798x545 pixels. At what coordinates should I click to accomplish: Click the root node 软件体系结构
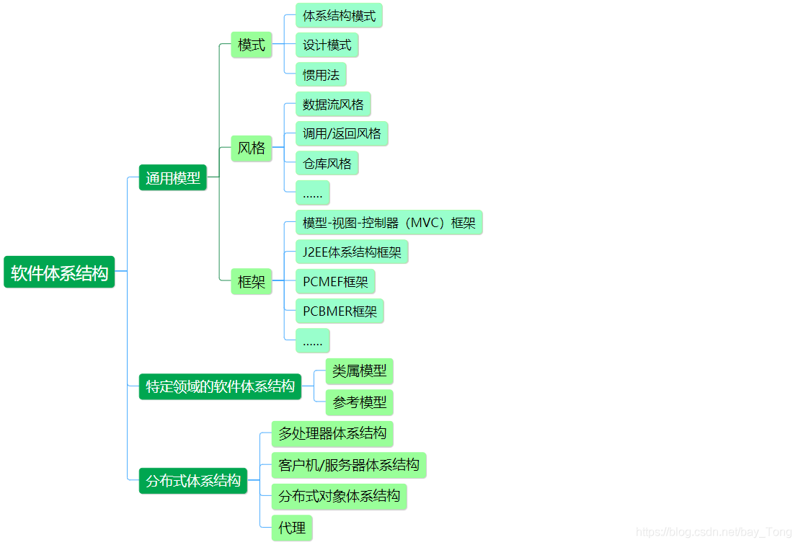(x=59, y=272)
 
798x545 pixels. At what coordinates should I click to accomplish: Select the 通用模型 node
(x=172, y=177)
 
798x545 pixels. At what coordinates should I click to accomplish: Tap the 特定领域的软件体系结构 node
(x=220, y=386)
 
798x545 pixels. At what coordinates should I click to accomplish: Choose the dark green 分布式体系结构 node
(x=193, y=480)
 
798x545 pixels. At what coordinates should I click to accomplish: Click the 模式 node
(x=252, y=45)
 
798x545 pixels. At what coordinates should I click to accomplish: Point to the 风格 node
(x=252, y=148)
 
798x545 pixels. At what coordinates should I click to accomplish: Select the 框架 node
(x=252, y=281)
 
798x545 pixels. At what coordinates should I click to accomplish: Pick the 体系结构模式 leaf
(x=339, y=16)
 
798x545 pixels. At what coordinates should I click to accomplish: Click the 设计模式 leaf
(x=327, y=45)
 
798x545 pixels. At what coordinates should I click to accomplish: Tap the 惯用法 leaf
(x=321, y=74)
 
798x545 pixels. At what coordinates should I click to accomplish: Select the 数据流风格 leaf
(x=333, y=104)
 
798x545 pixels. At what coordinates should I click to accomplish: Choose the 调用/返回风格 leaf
(x=342, y=133)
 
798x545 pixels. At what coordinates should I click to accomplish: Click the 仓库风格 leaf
(x=327, y=163)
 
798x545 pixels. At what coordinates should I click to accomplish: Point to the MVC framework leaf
(x=389, y=222)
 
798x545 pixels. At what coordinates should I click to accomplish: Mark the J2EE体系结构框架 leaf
(x=353, y=252)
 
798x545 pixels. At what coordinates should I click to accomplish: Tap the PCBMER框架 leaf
(x=340, y=311)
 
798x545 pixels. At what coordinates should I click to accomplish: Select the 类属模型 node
(x=359, y=371)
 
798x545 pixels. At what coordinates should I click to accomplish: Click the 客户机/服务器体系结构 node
(x=349, y=464)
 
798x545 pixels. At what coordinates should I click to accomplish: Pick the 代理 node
(x=292, y=528)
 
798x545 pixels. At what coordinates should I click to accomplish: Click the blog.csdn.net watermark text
(x=714, y=532)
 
